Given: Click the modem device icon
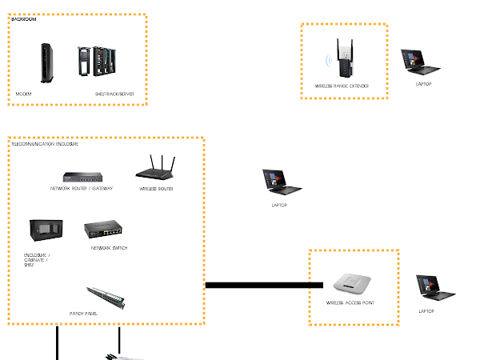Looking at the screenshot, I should pos(45,63).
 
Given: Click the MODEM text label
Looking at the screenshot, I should pos(24,94).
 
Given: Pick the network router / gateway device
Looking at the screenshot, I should pos(82,174).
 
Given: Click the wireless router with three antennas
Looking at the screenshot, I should pos(156,169).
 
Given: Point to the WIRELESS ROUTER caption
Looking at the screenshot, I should pos(156,189).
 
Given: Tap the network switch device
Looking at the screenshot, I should pos(104,230).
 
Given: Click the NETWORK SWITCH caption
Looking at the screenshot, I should pos(109,248).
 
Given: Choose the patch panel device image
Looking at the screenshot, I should pos(105,296).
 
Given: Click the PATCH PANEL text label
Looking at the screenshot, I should pos(84,314).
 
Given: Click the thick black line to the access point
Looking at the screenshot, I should pos(256,284).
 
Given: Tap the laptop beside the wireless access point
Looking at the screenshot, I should pos(428,289).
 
